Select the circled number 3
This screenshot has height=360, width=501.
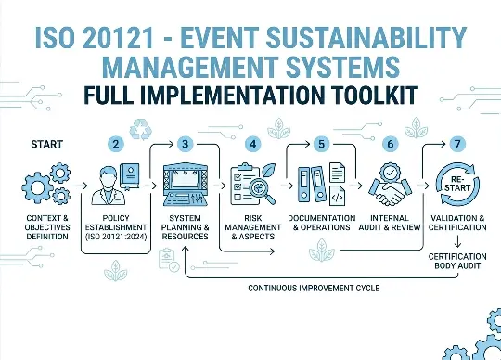[185, 144]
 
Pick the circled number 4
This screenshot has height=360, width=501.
[251, 144]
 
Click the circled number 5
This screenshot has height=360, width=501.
[322, 144]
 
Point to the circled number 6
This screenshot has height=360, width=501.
[390, 144]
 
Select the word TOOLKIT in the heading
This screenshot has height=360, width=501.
[382, 96]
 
